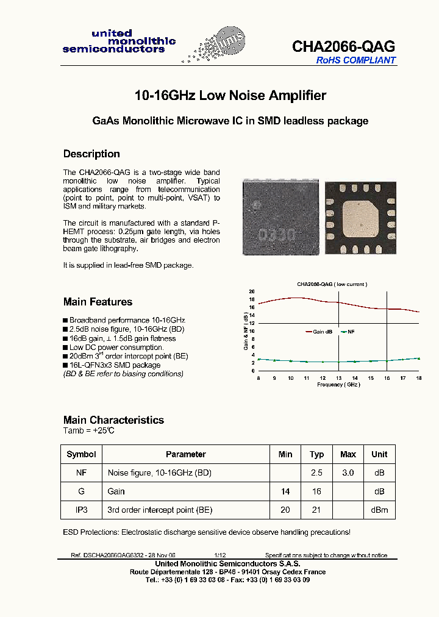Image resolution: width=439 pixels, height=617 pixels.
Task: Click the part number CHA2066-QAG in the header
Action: pyautogui.click(x=343, y=46)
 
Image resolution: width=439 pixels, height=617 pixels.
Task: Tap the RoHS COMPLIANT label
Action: pyautogui.click(x=355, y=60)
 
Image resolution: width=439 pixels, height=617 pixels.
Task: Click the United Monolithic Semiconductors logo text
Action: pyautogui.click(x=119, y=41)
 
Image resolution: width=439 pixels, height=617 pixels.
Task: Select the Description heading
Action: pyautogui.click(x=91, y=154)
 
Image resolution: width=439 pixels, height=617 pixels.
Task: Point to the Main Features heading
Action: pyautogui.click(x=98, y=302)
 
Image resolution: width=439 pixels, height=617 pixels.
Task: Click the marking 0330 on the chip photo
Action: pyautogui.click(x=276, y=234)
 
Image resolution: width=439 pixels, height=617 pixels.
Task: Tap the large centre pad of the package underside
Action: pyautogui.click(x=359, y=216)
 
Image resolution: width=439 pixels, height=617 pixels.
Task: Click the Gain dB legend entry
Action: pyautogui.click(x=322, y=332)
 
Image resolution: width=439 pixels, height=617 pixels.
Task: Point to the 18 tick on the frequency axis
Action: pyautogui.click(x=419, y=379)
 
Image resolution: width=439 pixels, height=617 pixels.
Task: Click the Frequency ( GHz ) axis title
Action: pyautogui.click(x=339, y=385)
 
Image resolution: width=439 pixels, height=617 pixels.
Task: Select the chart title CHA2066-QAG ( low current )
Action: pyautogui.click(x=332, y=284)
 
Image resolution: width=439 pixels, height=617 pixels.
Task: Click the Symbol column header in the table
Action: pyautogui.click(x=81, y=454)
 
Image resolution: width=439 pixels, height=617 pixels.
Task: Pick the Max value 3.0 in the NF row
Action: pyautogui.click(x=348, y=473)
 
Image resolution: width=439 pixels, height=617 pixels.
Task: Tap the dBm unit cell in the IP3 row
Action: pyautogui.click(x=379, y=510)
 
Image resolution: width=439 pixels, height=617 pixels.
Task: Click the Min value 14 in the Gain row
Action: pyautogui.click(x=285, y=491)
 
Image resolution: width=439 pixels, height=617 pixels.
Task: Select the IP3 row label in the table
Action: pyautogui.click(x=81, y=510)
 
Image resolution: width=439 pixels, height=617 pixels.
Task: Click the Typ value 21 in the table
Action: pyautogui.click(x=316, y=510)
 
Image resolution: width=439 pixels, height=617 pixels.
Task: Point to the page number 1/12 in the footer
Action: pyautogui.click(x=220, y=555)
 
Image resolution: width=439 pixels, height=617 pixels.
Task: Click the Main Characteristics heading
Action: pyautogui.click(x=113, y=420)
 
